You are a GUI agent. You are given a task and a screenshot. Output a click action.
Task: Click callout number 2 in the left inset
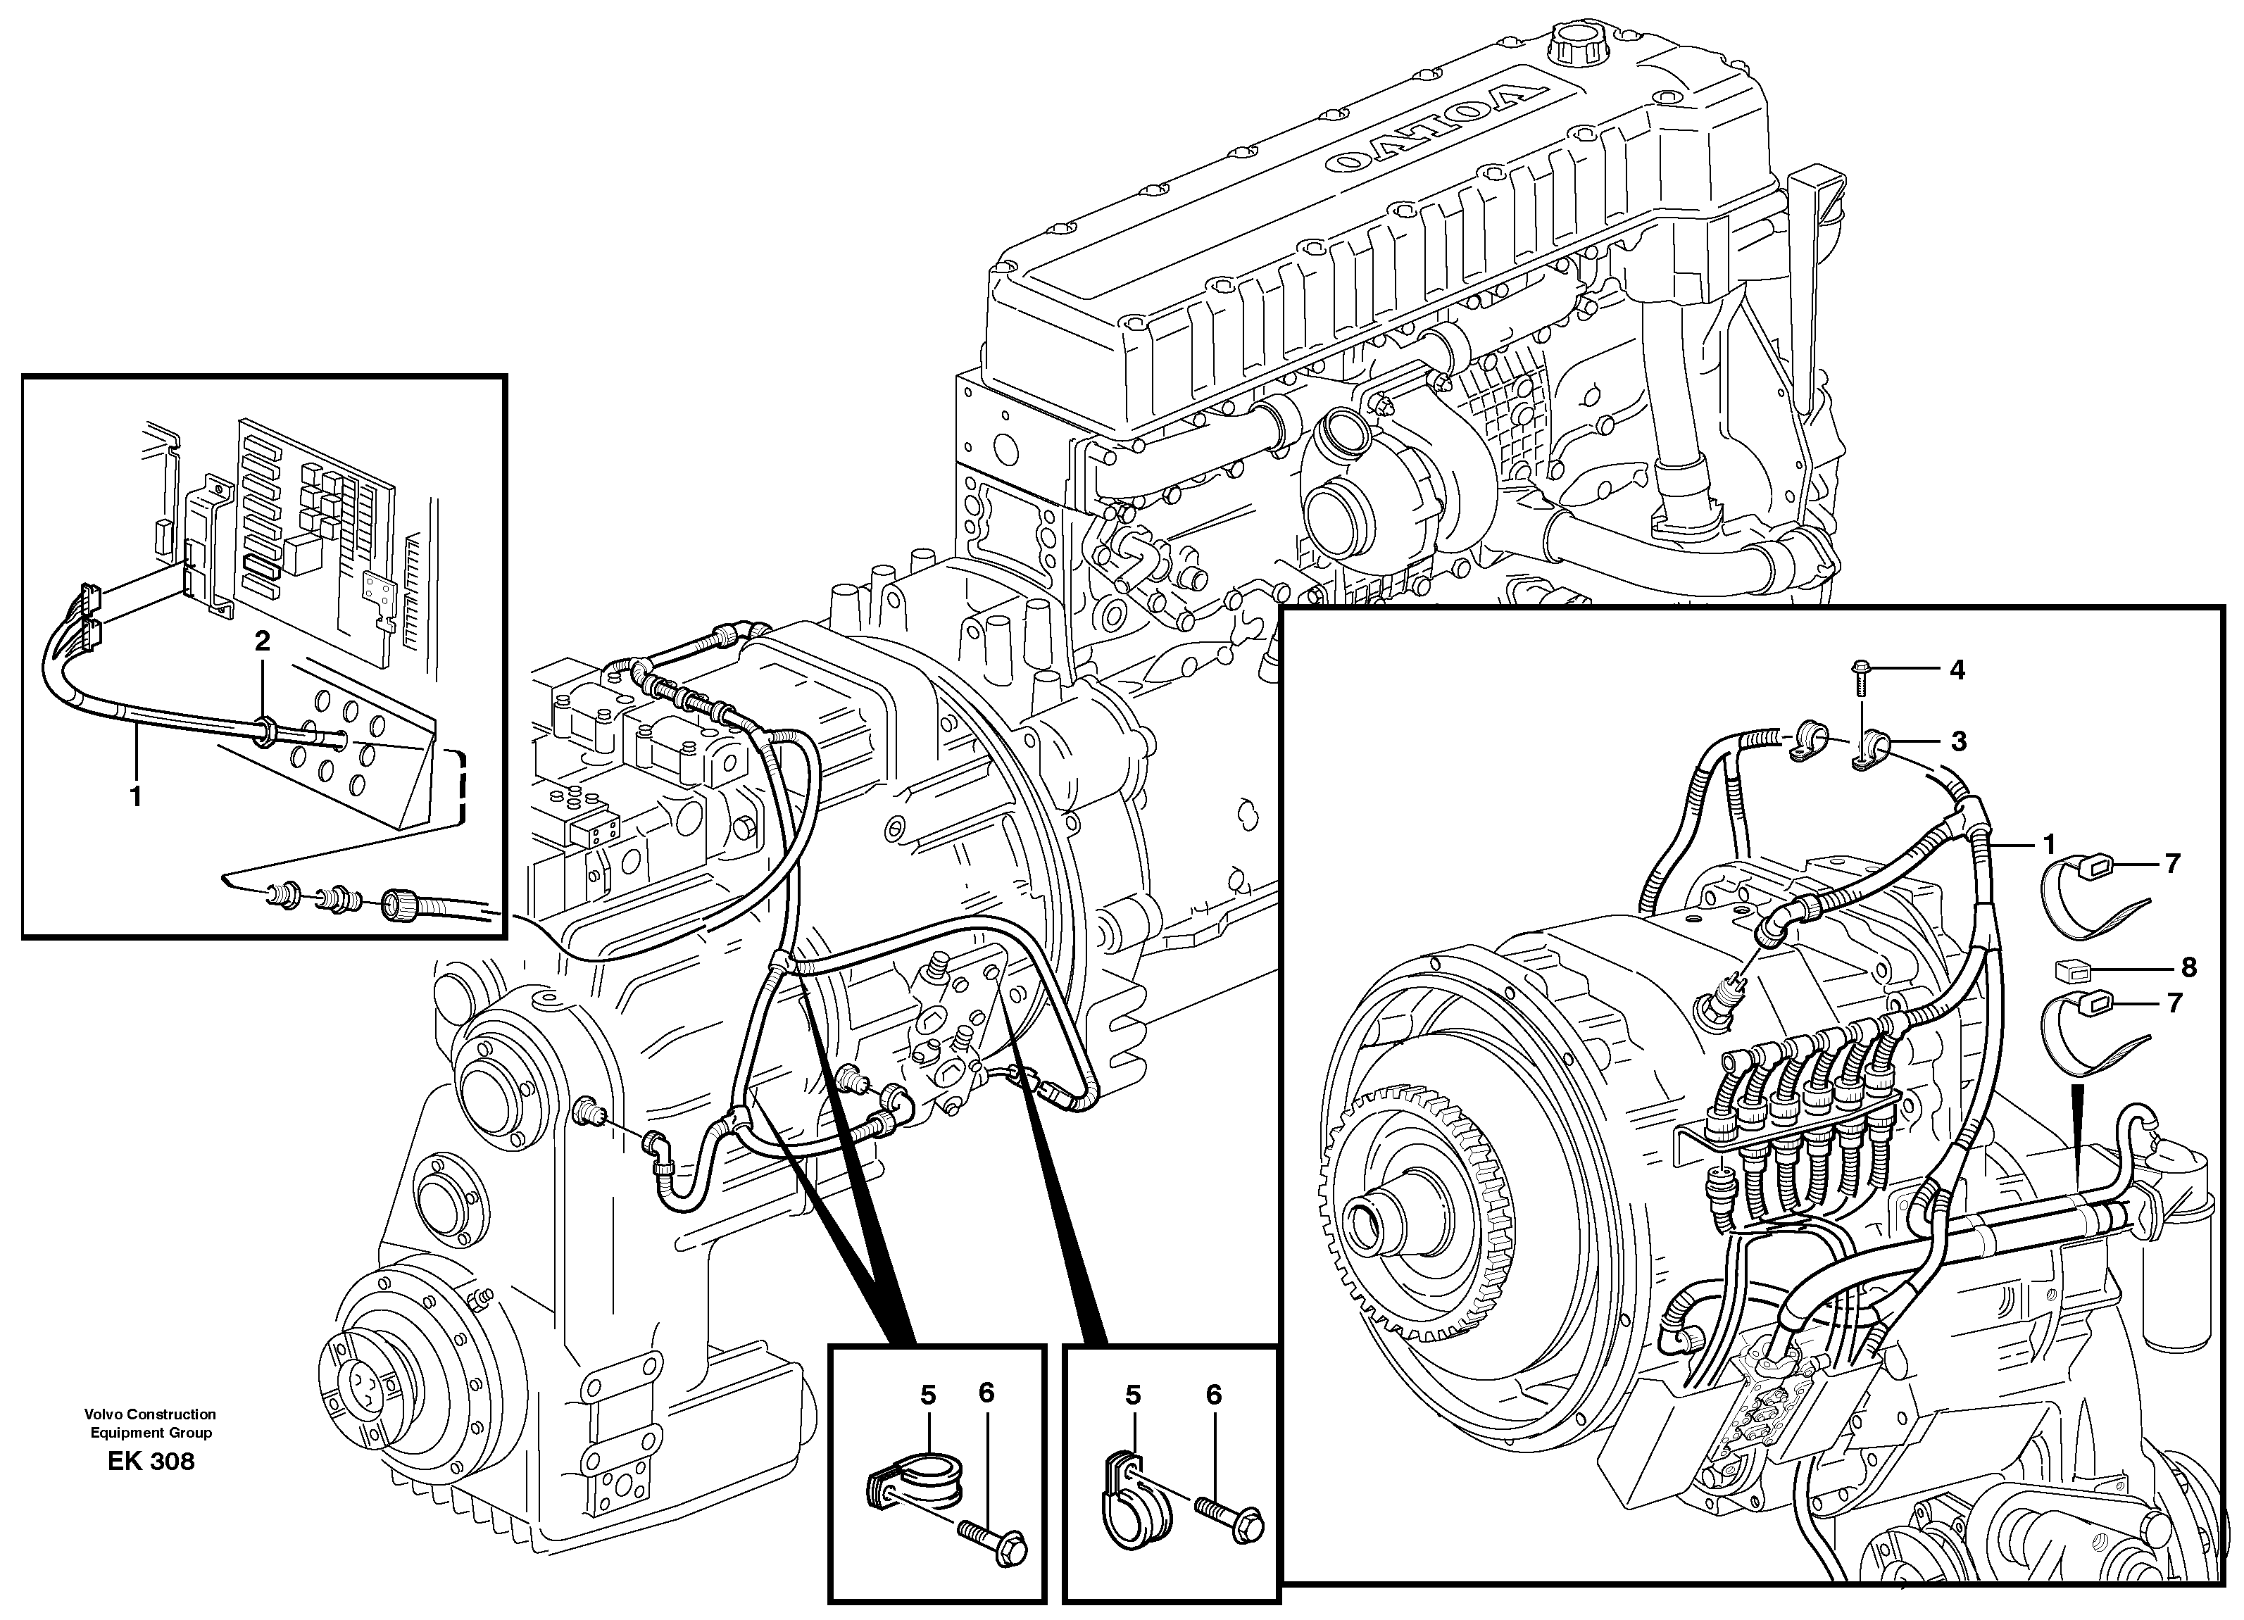[261, 642]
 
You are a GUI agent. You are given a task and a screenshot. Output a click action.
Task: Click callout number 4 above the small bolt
[1956, 670]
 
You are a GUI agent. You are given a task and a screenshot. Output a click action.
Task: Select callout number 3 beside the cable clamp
[1957, 741]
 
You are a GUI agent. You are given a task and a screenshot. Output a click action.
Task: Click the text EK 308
[151, 1462]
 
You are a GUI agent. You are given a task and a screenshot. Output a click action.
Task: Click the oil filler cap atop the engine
[1573, 44]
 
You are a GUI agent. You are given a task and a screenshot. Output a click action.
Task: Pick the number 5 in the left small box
[927, 1395]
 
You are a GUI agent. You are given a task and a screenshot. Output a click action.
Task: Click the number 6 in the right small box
[1213, 1395]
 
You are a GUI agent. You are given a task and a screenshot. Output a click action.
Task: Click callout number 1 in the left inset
[136, 796]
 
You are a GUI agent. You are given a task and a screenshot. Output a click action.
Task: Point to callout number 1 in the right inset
[2048, 845]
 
